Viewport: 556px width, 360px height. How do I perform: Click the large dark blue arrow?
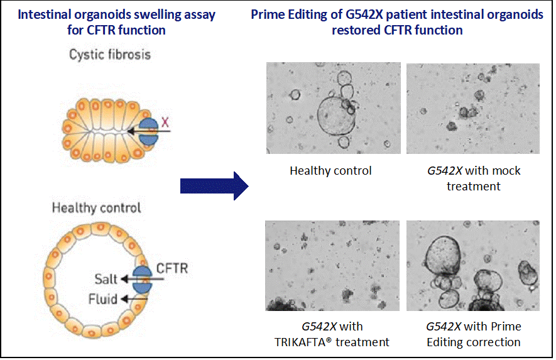coord(214,186)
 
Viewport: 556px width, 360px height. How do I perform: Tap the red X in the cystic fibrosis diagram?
coord(165,122)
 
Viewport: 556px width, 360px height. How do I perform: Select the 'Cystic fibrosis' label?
coord(110,54)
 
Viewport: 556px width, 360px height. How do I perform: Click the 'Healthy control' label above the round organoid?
coord(96,208)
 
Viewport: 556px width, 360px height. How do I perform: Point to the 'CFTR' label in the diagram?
coord(172,269)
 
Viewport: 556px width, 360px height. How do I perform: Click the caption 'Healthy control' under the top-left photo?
coord(330,170)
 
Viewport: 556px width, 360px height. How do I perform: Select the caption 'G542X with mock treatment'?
coord(473,178)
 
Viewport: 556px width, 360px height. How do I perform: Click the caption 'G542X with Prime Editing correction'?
coord(473,334)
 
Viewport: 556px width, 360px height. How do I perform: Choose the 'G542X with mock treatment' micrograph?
coord(472,108)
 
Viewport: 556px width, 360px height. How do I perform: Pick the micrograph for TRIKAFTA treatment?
coord(333,265)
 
